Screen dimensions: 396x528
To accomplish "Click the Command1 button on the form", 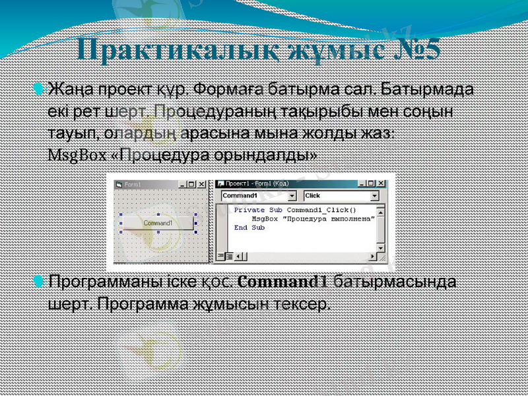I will (158, 223).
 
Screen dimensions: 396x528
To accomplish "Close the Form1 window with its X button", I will (202, 184).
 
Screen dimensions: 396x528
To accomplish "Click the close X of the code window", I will (381, 184).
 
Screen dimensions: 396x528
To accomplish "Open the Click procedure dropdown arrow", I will (375, 196).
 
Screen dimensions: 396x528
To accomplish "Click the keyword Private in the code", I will (249, 210).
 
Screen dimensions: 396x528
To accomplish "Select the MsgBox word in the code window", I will (264, 218).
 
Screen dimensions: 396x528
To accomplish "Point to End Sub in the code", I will (249, 228).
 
